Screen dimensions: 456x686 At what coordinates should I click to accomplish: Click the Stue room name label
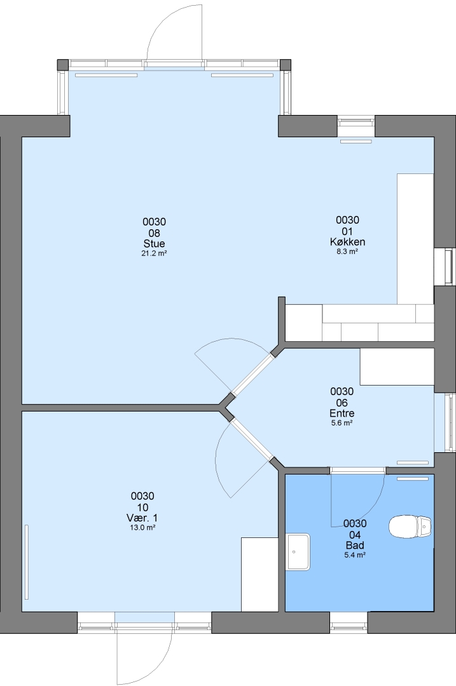(x=154, y=244)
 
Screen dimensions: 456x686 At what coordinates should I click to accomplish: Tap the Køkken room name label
(x=347, y=242)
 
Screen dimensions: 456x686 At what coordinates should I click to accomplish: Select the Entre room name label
(x=342, y=413)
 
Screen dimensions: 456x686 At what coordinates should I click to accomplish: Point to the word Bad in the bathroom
(x=355, y=545)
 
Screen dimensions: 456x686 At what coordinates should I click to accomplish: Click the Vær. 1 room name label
(x=142, y=518)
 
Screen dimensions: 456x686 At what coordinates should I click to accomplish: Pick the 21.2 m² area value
(x=154, y=253)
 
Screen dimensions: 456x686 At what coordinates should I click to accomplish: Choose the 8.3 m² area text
(x=347, y=252)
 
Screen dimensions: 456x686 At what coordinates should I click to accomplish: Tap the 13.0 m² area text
(x=142, y=527)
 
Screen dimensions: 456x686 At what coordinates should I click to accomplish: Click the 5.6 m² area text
(x=342, y=422)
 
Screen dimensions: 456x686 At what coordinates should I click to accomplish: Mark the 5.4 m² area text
(x=355, y=555)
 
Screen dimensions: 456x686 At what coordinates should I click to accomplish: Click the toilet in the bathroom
(x=410, y=526)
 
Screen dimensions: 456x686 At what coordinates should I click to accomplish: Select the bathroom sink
(x=298, y=552)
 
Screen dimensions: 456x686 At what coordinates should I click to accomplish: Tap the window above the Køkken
(x=356, y=126)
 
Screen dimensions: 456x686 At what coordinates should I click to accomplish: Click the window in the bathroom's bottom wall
(x=349, y=622)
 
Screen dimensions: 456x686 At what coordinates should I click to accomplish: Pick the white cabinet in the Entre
(x=397, y=367)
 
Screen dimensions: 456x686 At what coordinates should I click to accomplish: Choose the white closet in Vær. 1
(x=259, y=574)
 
